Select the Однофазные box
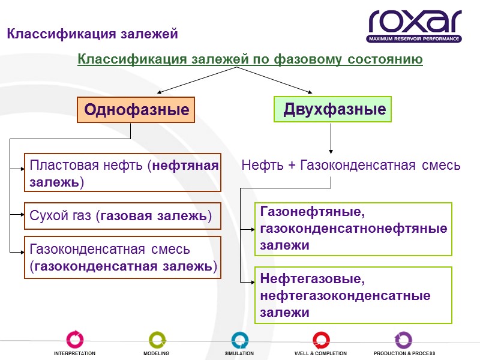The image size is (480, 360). click(x=136, y=110)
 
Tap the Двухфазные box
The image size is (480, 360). click(x=333, y=110)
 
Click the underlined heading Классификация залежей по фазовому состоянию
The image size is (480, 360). click(x=250, y=60)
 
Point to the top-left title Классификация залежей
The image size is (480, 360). click(x=92, y=34)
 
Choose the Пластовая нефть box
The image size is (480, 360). click(x=123, y=173)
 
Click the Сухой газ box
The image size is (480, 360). click(x=123, y=216)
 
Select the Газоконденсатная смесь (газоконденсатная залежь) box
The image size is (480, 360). click(x=123, y=257)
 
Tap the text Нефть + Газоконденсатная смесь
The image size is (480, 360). click(x=351, y=166)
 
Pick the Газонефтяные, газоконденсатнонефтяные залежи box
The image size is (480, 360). click(x=353, y=229)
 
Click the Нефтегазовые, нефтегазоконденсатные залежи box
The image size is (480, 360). click(x=353, y=296)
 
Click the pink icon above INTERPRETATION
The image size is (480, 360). click(x=75, y=339)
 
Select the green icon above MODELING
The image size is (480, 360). click(x=157, y=339)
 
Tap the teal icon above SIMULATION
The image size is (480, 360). click(x=239, y=339)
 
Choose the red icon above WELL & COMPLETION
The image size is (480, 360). click(x=321, y=339)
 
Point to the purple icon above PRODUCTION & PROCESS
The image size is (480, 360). click(x=403, y=339)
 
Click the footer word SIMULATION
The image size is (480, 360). click(x=239, y=354)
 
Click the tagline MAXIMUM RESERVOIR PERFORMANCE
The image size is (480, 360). click(x=415, y=39)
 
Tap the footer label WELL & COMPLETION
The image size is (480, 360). click(x=321, y=354)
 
